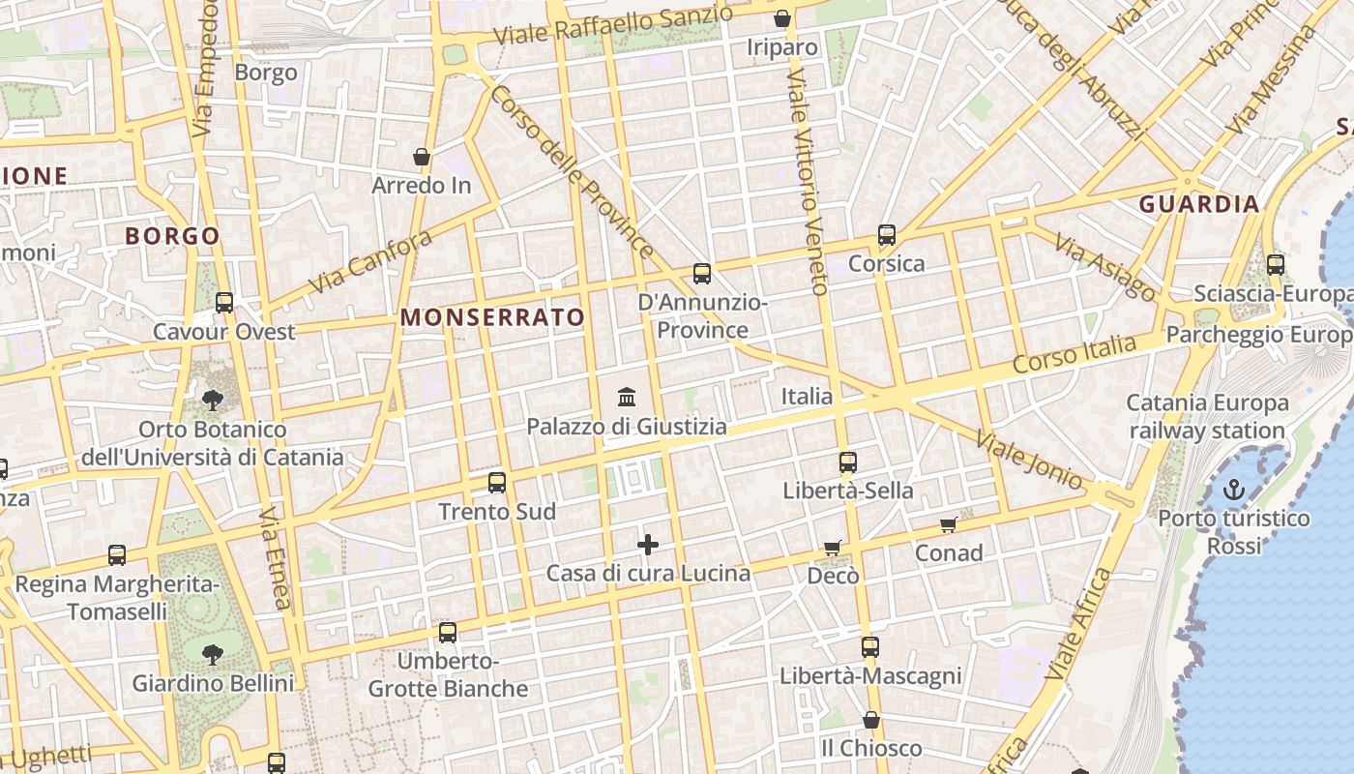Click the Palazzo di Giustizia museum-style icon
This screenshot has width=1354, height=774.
click(x=626, y=397)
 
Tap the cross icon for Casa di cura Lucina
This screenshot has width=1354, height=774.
click(x=648, y=546)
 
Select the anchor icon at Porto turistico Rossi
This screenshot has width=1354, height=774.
click(x=1233, y=490)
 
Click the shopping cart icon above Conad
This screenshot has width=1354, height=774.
click(x=949, y=524)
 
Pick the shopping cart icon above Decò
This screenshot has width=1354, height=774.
click(x=833, y=548)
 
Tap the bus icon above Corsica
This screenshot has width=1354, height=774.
click(x=886, y=235)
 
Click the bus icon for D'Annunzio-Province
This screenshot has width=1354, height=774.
click(x=702, y=274)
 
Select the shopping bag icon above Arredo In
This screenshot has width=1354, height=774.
click(x=421, y=157)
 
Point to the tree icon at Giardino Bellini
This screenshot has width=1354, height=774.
click(x=213, y=655)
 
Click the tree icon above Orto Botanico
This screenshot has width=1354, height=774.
click(x=213, y=400)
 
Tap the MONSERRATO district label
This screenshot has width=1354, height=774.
click(x=492, y=317)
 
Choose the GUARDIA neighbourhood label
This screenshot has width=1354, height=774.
click(x=1199, y=204)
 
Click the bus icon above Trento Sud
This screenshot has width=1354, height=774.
click(x=497, y=483)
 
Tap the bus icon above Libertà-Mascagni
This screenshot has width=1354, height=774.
click(x=870, y=647)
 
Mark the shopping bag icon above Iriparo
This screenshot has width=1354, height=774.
click(x=782, y=18)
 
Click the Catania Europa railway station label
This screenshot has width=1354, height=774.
click(x=1207, y=416)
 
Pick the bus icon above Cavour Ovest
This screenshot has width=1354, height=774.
click(x=224, y=303)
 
